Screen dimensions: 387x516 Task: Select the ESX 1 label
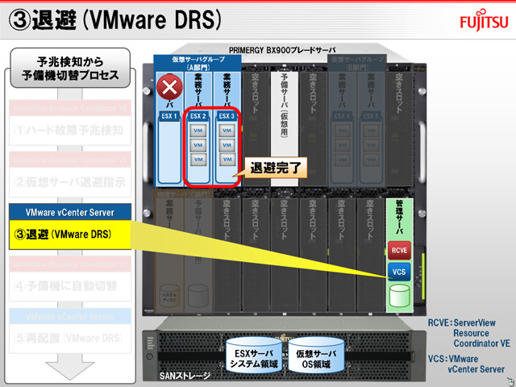(169, 116)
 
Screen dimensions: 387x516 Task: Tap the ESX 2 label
(198, 116)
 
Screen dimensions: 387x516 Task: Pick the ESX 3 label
(227, 116)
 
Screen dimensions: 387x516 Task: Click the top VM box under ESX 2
(198, 131)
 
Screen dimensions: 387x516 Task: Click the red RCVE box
(398, 250)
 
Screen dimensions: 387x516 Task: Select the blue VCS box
(398, 272)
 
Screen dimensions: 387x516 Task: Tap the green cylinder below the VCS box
(398, 295)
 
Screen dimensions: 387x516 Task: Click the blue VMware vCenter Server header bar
(70, 212)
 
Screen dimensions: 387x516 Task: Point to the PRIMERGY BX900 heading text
(282, 49)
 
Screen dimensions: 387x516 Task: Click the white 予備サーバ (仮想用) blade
(283, 121)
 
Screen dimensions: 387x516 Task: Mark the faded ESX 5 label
(372, 116)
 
